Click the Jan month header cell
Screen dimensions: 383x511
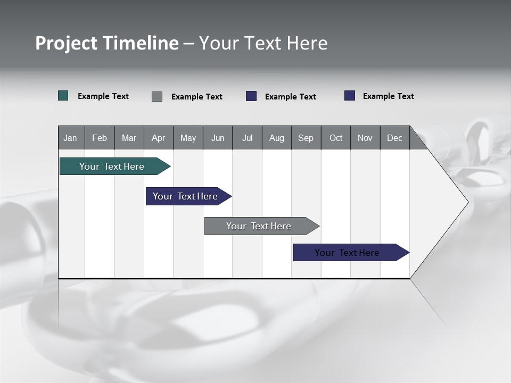(70, 138)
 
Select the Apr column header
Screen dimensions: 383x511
(158, 138)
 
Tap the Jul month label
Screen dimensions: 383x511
(247, 138)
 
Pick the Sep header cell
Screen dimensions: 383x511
(306, 138)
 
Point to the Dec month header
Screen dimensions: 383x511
(394, 138)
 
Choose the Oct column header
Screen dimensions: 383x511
(336, 138)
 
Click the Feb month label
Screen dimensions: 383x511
(100, 138)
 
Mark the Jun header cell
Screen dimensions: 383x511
(218, 138)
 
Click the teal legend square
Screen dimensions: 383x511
(63, 96)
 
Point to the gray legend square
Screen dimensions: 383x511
(157, 96)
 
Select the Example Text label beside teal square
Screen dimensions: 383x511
(103, 96)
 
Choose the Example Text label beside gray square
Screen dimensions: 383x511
(197, 97)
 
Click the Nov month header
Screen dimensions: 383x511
(365, 138)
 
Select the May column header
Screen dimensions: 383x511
(188, 138)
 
